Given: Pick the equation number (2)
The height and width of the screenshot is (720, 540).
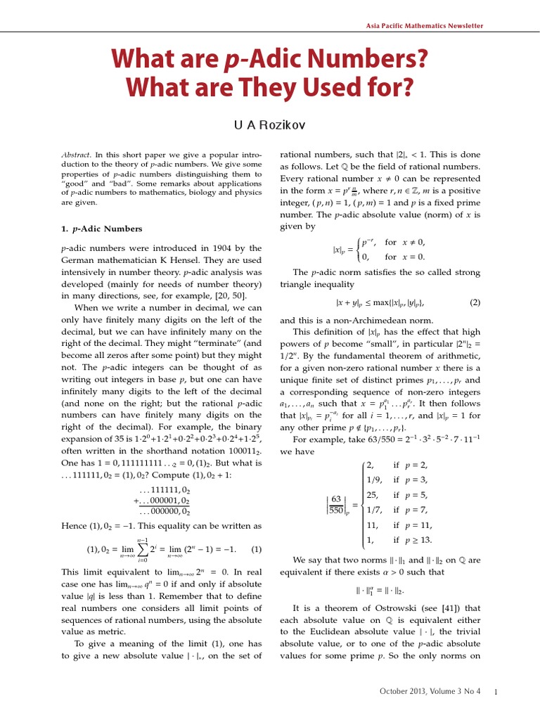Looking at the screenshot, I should [475, 302].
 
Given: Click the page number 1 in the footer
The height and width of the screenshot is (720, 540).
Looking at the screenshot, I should [496, 692].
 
